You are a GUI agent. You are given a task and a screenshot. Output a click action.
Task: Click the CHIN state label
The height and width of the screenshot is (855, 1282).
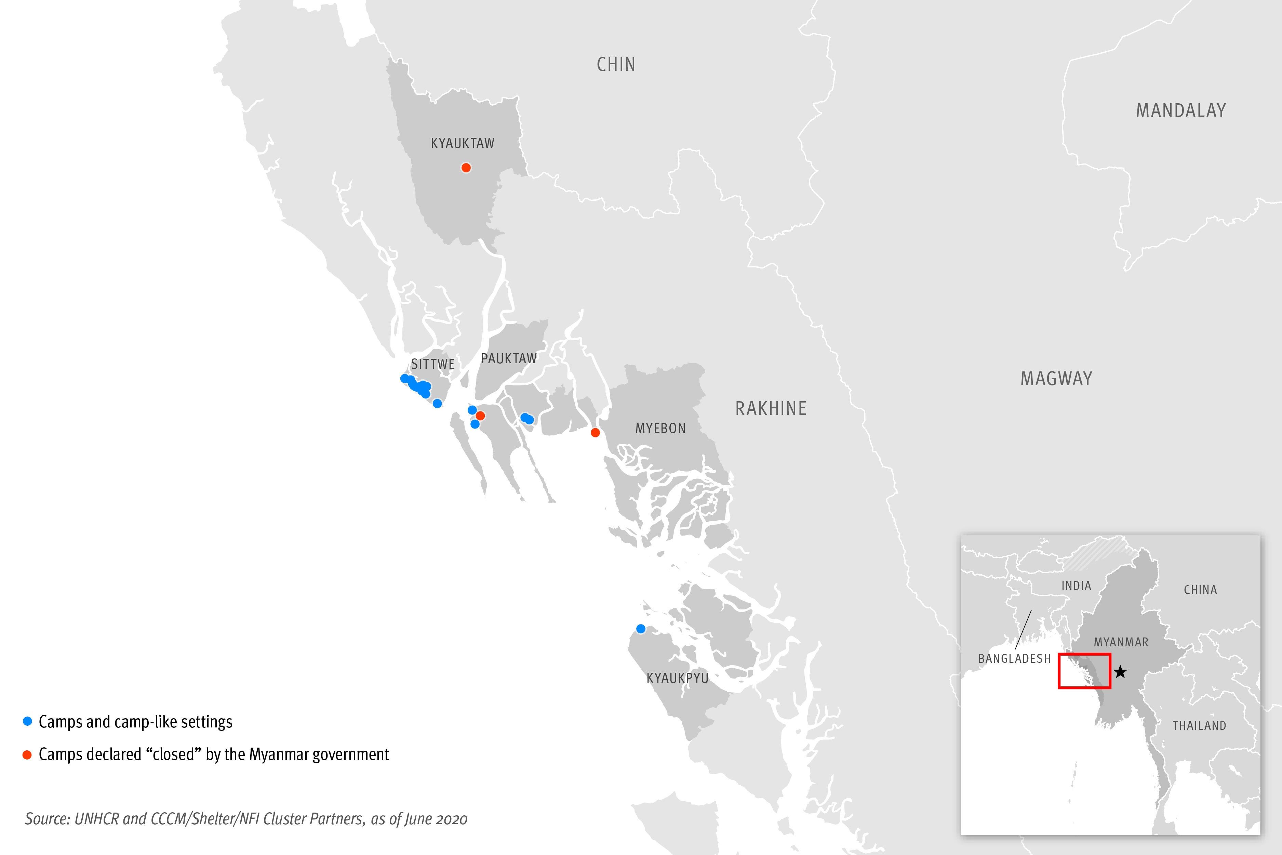(x=616, y=64)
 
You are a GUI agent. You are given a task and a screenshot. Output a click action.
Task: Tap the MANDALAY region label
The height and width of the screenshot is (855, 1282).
(x=1180, y=111)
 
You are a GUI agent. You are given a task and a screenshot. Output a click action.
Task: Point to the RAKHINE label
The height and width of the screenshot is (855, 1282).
(x=771, y=408)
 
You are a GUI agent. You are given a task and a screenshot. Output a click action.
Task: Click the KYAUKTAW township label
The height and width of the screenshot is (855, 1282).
(x=462, y=143)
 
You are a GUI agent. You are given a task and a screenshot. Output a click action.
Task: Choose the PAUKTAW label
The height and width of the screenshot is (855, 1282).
(x=509, y=359)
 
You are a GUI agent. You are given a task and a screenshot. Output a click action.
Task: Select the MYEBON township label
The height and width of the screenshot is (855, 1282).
(x=660, y=429)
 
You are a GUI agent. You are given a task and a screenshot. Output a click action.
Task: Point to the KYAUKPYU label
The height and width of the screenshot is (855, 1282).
(x=677, y=678)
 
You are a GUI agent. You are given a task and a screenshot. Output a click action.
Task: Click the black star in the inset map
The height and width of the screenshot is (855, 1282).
(x=1120, y=672)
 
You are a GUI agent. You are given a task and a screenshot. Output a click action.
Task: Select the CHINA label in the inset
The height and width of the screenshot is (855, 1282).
(x=1200, y=590)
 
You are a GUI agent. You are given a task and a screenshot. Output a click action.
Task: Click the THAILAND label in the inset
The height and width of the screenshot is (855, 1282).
(x=1199, y=726)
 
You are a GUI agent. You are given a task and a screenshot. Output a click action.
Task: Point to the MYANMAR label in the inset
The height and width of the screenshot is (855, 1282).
(x=1121, y=642)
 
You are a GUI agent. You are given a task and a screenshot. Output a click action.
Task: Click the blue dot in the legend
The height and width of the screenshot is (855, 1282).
(x=27, y=721)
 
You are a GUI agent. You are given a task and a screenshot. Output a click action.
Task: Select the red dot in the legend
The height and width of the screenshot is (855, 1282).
(x=27, y=755)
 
